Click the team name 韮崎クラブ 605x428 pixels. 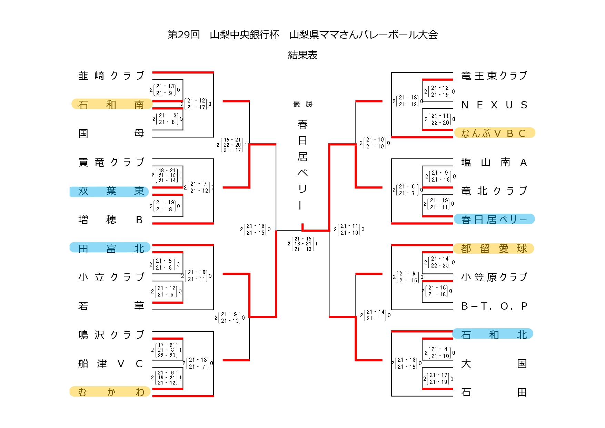pyautogui.click(x=111, y=76)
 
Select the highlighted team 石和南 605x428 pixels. pyautogui.click(x=111, y=104)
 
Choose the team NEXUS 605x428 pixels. pyautogui.click(x=494, y=105)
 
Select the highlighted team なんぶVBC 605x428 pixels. pyautogui.click(x=494, y=133)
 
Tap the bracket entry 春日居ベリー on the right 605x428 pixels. pyautogui.click(x=494, y=220)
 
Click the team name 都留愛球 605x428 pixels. pyautogui.click(x=494, y=249)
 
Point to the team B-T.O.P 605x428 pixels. pyautogui.click(x=494, y=306)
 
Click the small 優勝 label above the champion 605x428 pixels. pyautogui.click(x=302, y=104)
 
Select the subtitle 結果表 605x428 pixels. pyautogui.click(x=302, y=55)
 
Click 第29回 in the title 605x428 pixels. pyautogui.click(x=184, y=35)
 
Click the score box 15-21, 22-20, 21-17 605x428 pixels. pyautogui.click(x=232, y=145)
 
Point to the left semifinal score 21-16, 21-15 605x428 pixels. pyautogui.click(x=255, y=230)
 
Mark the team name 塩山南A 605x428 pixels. pyautogui.click(x=494, y=162)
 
